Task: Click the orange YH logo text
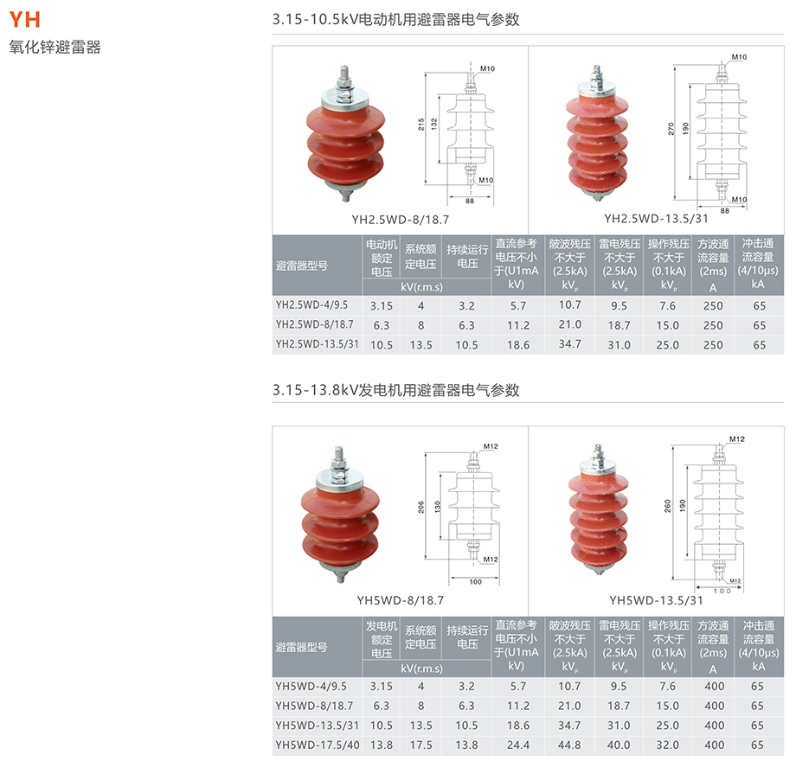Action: [24, 19]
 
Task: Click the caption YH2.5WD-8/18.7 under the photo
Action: [400, 220]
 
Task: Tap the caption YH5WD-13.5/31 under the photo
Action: [656, 600]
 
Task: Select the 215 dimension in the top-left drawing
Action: [420, 125]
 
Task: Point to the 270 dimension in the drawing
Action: [671, 128]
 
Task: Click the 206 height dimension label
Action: [420, 507]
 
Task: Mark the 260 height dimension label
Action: [668, 506]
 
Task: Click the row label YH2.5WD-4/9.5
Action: [311, 305]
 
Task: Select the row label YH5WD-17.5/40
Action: [318, 746]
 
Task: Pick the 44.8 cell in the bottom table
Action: [569, 746]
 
